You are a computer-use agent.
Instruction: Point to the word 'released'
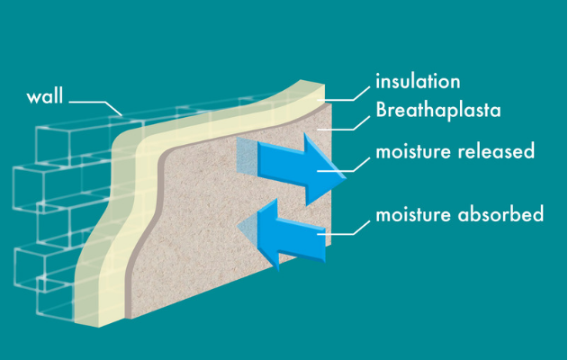(497, 150)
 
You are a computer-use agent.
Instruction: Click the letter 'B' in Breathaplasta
(382, 112)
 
